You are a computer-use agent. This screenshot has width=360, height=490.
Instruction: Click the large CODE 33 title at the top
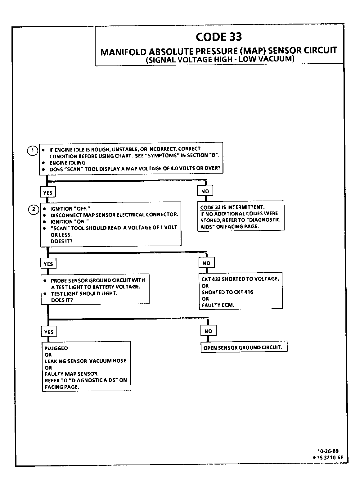pyautogui.click(x=219, y=37)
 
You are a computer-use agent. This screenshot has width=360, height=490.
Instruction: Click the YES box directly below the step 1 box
pyautogui.click(x=47, y=193)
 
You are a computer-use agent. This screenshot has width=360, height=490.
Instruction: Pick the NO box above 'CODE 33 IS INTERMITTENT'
pyautogui.click(x=205, y=191)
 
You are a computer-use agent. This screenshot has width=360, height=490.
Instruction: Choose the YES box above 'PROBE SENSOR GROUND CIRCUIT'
pyautogui.click(x=48, y=264)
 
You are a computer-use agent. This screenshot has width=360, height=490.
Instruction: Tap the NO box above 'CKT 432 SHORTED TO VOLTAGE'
pyautogui.click(x=206, y=263)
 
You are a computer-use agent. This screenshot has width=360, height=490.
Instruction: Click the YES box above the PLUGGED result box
pyautogui.click(x=49, y=332)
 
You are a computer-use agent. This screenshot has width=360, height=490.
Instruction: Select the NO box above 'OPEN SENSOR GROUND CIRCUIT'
pyautogui.click(x=208, y=331)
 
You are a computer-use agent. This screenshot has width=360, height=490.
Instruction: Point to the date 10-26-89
pyautogui.click(x=328, y=451)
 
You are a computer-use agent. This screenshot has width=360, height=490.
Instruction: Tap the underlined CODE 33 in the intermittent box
pyautogui.click(x=210, y=207)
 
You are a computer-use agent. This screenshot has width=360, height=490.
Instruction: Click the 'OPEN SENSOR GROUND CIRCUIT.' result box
pyautogui.click(x=244, y=347)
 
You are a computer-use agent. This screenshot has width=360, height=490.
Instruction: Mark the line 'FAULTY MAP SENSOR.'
pyautogui.click(x=71, y=374)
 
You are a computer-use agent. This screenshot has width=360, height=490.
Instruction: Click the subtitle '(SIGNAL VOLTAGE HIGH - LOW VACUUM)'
pyautogui.click(x=219, y=59)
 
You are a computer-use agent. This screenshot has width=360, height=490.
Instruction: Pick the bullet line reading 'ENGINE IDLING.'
pyautogui.click(x=68, y=162)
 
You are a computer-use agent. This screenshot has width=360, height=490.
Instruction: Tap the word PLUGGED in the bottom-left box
pyautogui.click(x=56, y=348)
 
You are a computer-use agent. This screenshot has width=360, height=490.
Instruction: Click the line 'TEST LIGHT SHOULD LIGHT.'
pyautogui.click(x=84, y=293)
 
